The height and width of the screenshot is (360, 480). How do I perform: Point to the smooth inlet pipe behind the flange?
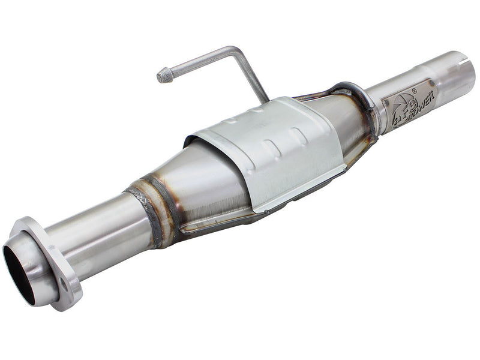click(96, 231)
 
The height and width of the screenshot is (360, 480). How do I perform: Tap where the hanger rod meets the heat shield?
click(265, 100)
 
